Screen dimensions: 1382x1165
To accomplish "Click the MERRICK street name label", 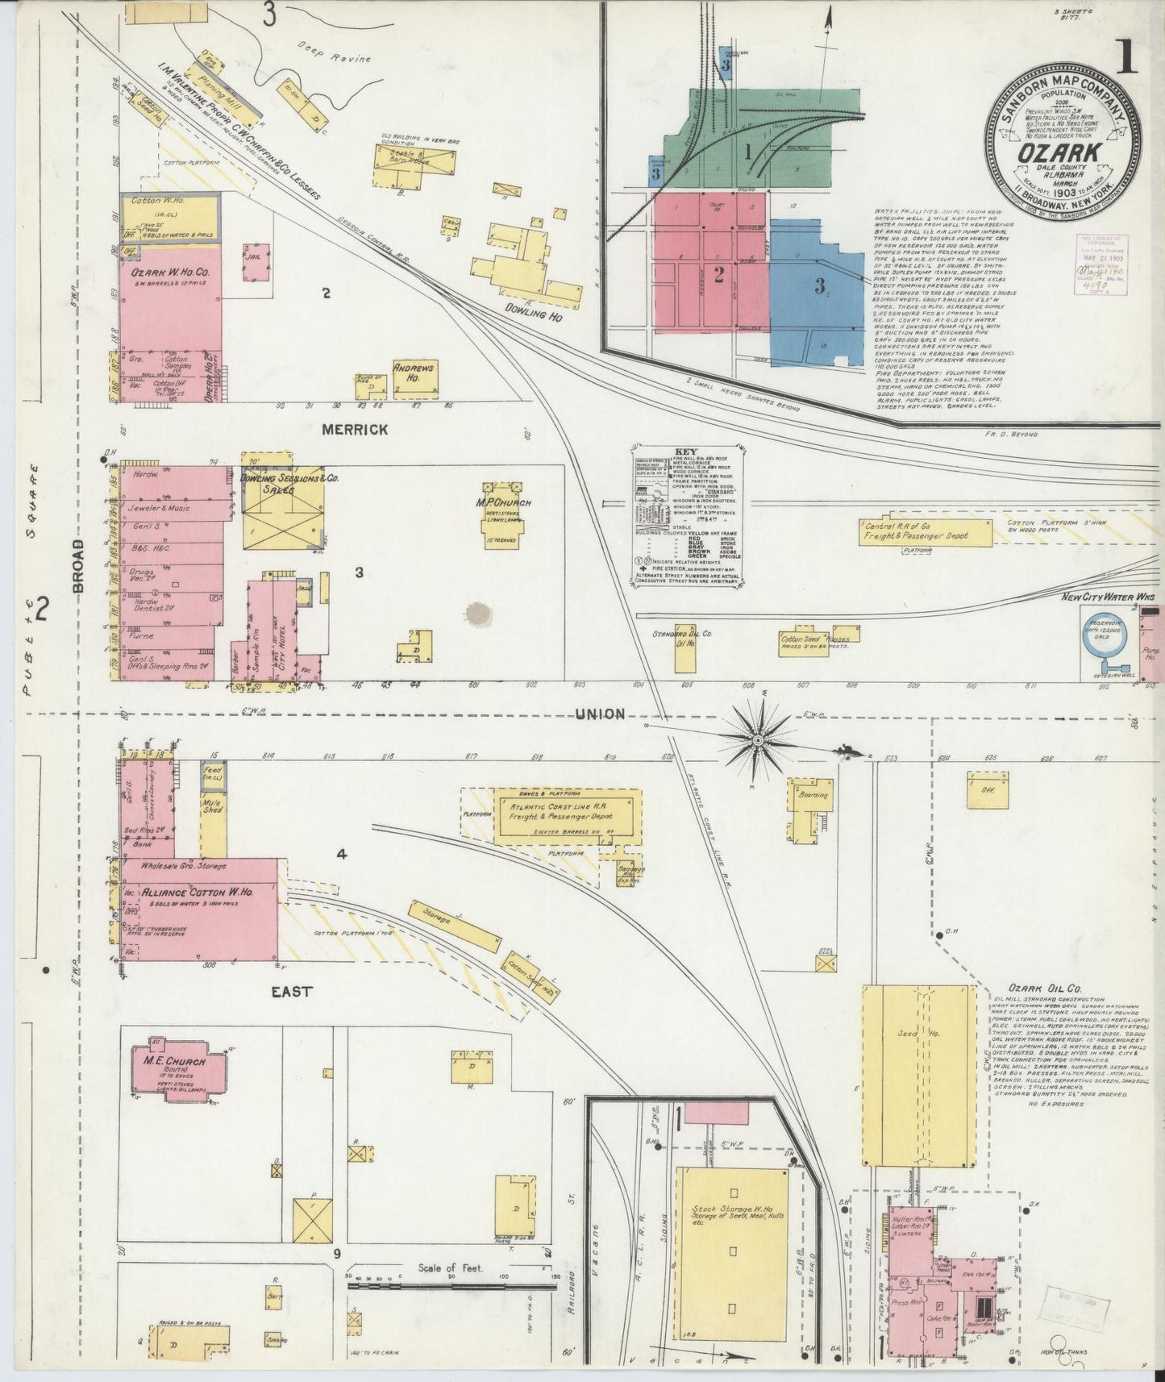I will pyautogui.click(x=354, y=430).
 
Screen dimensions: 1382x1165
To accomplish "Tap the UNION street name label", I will pyautogui.click(x=600, y=714).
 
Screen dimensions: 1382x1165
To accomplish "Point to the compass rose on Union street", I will pyautogui.click(x=758, y=738).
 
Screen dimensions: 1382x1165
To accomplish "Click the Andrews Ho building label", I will pyautogui.click(x=414, y=373).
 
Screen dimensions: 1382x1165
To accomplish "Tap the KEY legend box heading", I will pyautogui.click(x=687, y=452).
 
